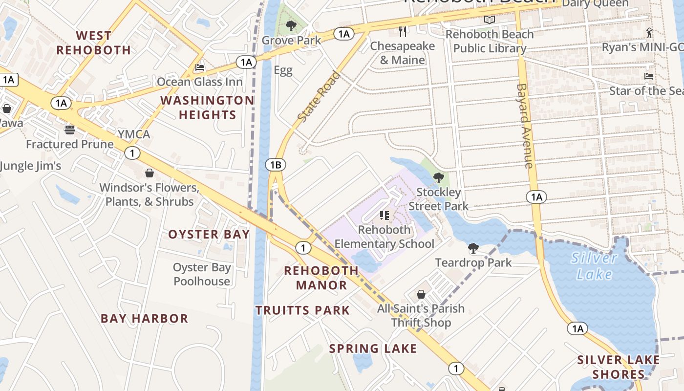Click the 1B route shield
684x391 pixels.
coord(276,165)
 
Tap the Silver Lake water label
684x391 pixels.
coord(594,266)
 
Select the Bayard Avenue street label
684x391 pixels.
coord(524,126)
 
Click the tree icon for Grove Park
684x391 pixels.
coord(291,25)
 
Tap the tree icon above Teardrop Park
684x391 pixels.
coord(473,248)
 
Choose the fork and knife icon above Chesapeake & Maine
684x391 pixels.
coord(403,32)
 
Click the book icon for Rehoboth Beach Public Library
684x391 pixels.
coord(490,20)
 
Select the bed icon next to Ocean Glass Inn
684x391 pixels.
coord(199,67)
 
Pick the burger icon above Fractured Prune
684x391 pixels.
coord(70,130)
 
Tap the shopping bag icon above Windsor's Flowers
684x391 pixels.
coord(150,173)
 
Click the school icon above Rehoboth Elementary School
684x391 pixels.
coord(384,215)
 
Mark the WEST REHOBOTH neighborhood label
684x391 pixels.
coord(94,43)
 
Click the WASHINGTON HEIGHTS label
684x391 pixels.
coord(207,108)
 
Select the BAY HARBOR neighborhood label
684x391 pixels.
coord(144,319)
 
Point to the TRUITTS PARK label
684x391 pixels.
coord(302,310)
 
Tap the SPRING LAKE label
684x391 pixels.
coord(373,348)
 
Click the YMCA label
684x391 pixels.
coord(133,134)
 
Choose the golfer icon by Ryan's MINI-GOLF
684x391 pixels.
coord(649,33)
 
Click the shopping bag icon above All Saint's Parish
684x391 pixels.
coord(421,294)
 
